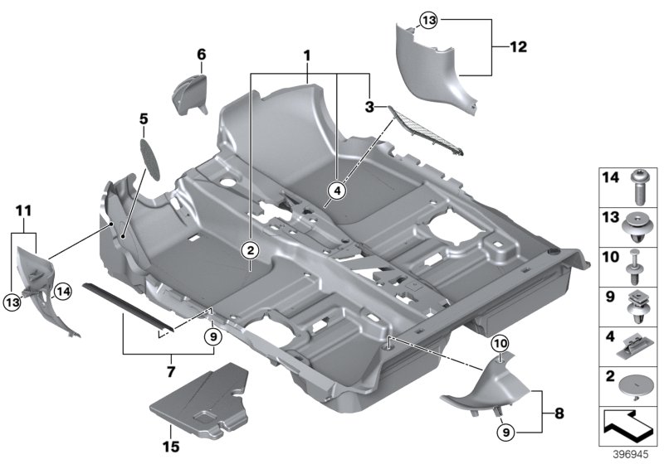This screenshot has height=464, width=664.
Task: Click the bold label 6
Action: coord(201,56)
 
